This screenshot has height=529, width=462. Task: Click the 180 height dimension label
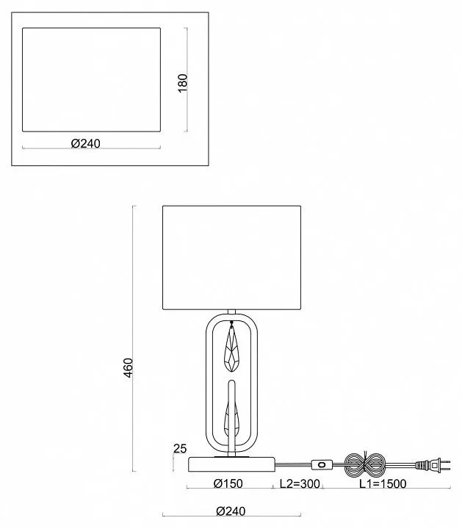coord(182,82)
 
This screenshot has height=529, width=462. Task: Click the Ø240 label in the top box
coord(86,144)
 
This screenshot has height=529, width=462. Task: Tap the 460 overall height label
coord(128,368)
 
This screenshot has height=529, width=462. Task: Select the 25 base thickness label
coord(180,449)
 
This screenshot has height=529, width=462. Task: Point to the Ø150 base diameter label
coord(228,483)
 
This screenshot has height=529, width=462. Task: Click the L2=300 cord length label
coord(300,483)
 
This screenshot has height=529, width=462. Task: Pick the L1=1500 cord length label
coord(383,483)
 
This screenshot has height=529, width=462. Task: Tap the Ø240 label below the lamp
coord(231,511)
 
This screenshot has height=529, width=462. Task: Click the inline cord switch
coord(322,464)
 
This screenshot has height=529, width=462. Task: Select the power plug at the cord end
coord(433,465)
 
